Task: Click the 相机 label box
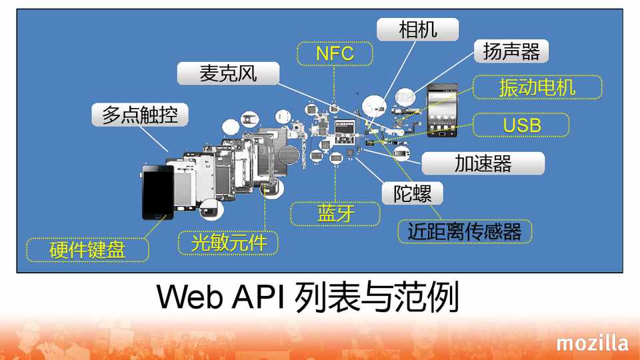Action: pyautogui.click(x=418, y=30)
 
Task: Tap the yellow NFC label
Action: pyautogui.click(x=335, y=53)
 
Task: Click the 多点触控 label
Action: pyautogui.click(x=139, y=115)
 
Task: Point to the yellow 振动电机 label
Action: pyautogui.click(x=537, y=87)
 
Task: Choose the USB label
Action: pyautogui.click(x=521, y=125)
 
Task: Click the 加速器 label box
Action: pyautogui.click(x=483, y=163)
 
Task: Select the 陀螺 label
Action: pyautogui.click(x=413, y=193)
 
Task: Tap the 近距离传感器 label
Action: pyautogui.click(x=464, y=231)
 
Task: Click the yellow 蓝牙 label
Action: pyautogui.click(x=335, y=214)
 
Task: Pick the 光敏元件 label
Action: pyautogui.click(x=229, y=243)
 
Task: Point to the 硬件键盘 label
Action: pyautogui.click(x=87, y=250)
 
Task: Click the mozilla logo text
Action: pyautogui.click(x=592, y=343)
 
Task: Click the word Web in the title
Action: pyautogui.click(x=191, y=297)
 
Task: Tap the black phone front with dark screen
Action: pyautogui.click(x=158, y=191)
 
